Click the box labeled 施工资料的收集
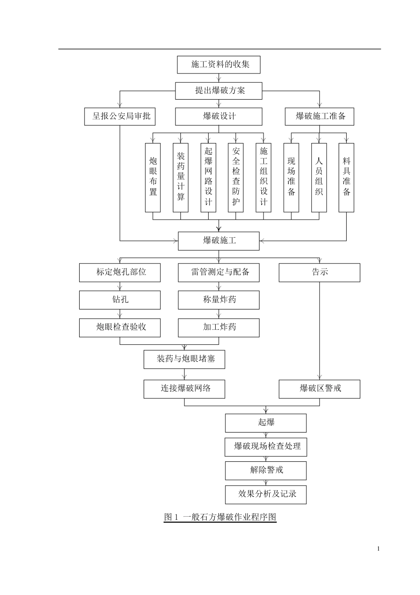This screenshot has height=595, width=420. tap(218, 65)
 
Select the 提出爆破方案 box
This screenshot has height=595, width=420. tap(218, 91)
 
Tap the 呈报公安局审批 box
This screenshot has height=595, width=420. tap(120, 116)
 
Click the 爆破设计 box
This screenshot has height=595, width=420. tap(218, 116)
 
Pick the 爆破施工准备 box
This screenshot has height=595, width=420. tap(319, 116)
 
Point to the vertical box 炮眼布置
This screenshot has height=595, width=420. tap(153, 177)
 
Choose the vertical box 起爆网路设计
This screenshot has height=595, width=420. tap(208, 177)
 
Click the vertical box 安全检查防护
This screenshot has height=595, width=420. tap(236, 177)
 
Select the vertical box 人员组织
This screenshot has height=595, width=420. tap(319, 177)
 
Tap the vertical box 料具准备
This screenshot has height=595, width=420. tap(346, 177)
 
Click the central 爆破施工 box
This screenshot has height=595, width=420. tap(218, 241)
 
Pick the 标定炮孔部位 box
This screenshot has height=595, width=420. tap(120, 272)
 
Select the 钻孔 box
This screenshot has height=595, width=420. tap(120, 300)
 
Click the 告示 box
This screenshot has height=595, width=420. tap(319, 272)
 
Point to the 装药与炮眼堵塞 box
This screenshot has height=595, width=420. tap(184, 359)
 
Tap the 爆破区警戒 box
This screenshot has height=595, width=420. tap(319, 389)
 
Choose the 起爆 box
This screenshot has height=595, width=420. tap(266, 423)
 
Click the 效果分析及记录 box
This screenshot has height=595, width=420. tap(266, 495)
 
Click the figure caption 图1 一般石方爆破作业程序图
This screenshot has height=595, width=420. tap(220, 517)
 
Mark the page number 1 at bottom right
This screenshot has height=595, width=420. tap(378, 549)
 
